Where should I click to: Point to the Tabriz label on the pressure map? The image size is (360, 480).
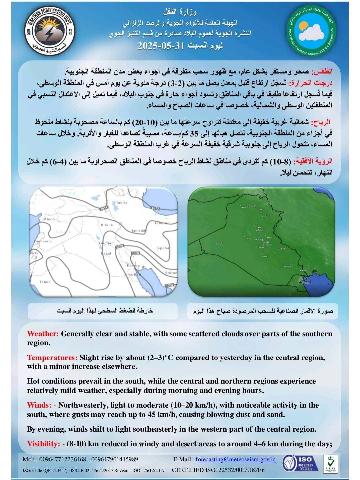122,202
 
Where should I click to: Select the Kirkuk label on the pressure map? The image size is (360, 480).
107,225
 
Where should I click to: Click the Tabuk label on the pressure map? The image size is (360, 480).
45,282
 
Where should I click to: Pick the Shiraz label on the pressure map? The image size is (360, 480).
171,273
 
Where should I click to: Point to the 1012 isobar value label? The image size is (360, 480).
155,208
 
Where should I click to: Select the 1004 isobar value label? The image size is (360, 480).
170,285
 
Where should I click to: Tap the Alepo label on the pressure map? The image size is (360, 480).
49,219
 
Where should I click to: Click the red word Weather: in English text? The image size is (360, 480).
43,334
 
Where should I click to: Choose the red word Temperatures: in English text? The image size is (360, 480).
52,358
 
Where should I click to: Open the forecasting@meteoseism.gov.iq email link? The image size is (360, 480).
236,459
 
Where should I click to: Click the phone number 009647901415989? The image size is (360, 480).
115,459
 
